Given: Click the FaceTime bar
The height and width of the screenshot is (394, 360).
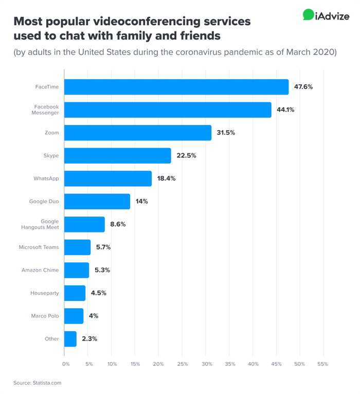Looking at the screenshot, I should pyautogui.click(x=176, y=87).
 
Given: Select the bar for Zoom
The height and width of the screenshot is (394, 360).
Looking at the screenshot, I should pyautogui.click(x=138, y=133).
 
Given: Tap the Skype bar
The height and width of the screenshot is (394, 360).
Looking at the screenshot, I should pyautogui.click(x=117, y=155).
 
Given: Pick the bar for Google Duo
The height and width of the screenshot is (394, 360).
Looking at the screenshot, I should pyautogui.click(x=97, y=201).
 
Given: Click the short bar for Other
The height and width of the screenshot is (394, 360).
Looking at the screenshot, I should pyautogui.click(x=70, y=339).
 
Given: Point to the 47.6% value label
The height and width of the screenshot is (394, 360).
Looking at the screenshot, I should pyautogui.click(x=303, y=87).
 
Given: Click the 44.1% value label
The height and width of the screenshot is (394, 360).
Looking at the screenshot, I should pyautogui.click(x=285, y=110).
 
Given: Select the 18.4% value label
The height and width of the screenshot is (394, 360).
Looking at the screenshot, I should pyautogui.click(x=167, y=178).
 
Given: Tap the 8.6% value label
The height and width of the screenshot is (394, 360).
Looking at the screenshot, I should pyautogui.click(x=118, y=224).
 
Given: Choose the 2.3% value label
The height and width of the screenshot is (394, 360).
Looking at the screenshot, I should pyautogui.click(x=89, y=339).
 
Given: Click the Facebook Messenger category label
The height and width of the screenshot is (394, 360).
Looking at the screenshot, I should pyautogui.click(x=47, y=110).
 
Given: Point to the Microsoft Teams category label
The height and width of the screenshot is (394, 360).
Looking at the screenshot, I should pyautogui.click(x=39, y=247).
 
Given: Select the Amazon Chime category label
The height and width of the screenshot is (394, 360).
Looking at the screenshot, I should pyautogui.click(x=40, y=270).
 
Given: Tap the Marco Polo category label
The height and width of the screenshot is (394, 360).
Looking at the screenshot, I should pyautogui.click(x=45, y=316).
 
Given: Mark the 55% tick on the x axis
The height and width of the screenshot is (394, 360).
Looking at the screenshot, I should pyautogui.click(x=323, y=364).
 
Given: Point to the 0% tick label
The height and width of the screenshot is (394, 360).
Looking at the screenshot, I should pyautogui.click(x=65, y=364).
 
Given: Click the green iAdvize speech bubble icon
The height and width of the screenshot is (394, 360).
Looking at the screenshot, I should pyautogui.click(x=309, y=15).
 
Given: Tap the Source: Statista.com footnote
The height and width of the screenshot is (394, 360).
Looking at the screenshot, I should pyautogui.click(x=38, y=383).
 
